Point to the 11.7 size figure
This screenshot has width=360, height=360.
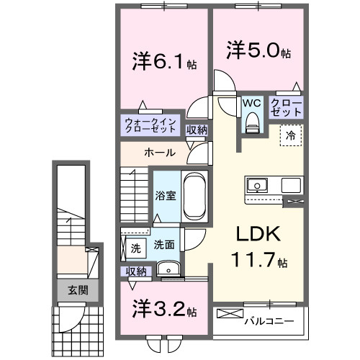pyautogui.click(x=253, y=259)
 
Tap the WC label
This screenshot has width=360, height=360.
pyautogui.click(x=251, y=102)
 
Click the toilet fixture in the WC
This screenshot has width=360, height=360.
pyautogui.click(x=251, y=124)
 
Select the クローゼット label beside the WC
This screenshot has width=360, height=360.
pyautogui.click(x=286, y=109)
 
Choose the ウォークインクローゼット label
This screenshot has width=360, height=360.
pyautogui.click(x=150, y=126)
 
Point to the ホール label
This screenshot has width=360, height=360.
pyautogui.click(x=157, y=153)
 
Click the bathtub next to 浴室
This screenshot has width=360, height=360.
pyautogui.click(x=194, y=197)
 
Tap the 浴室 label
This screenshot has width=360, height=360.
pyautogui.click(x=166, y=196)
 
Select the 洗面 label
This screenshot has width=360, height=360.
pyautogui.click(x=164, y=245)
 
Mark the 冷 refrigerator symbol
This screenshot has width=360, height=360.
pyautogui.click(x=292, y=135)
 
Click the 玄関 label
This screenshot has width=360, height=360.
pyautogui.click(x=78, y=291)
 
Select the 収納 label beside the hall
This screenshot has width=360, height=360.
pyautogui.click(x=197, y=130)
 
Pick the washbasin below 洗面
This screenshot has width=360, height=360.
pyautogui.click(x=170, y=269)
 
